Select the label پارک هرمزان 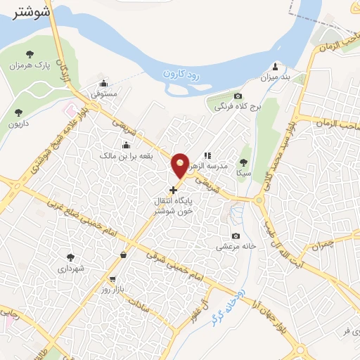[x=41, y=65]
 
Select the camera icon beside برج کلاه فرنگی [x=238, y=96]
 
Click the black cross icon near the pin [x=174, y=190]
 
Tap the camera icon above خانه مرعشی [x=236, y=236]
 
